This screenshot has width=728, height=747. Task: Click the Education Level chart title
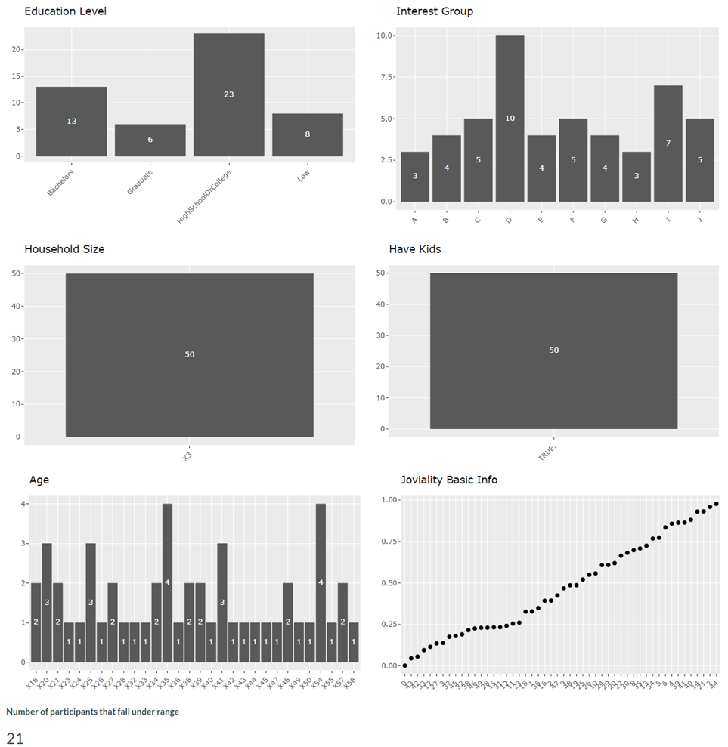tap(65, 11)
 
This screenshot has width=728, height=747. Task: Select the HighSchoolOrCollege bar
tap(229, 94)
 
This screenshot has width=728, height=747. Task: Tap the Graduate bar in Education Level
tap(150, 140)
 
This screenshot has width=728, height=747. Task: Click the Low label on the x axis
tap(303, 175)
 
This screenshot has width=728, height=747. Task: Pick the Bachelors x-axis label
tap(61, 182)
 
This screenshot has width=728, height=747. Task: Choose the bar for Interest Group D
tap(510, 118)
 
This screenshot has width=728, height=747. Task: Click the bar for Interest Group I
tap(668, 143)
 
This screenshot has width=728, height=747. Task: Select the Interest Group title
tap(434, 11)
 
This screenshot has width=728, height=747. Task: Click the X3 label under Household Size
tap(187, 457)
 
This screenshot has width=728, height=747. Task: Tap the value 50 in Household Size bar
tap(190, 354)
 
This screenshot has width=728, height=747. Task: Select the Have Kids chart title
tap(414, 249)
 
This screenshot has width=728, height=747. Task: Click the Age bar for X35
tap(167, 582)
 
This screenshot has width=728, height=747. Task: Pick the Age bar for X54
tap(321, 582)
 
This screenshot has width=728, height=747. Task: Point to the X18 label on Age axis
tap(33, 683)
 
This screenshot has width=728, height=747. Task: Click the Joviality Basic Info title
tap(448, 480)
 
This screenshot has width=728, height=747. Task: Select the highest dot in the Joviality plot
tap(716, 504)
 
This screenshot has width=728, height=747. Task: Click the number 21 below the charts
tap(14, 738)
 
